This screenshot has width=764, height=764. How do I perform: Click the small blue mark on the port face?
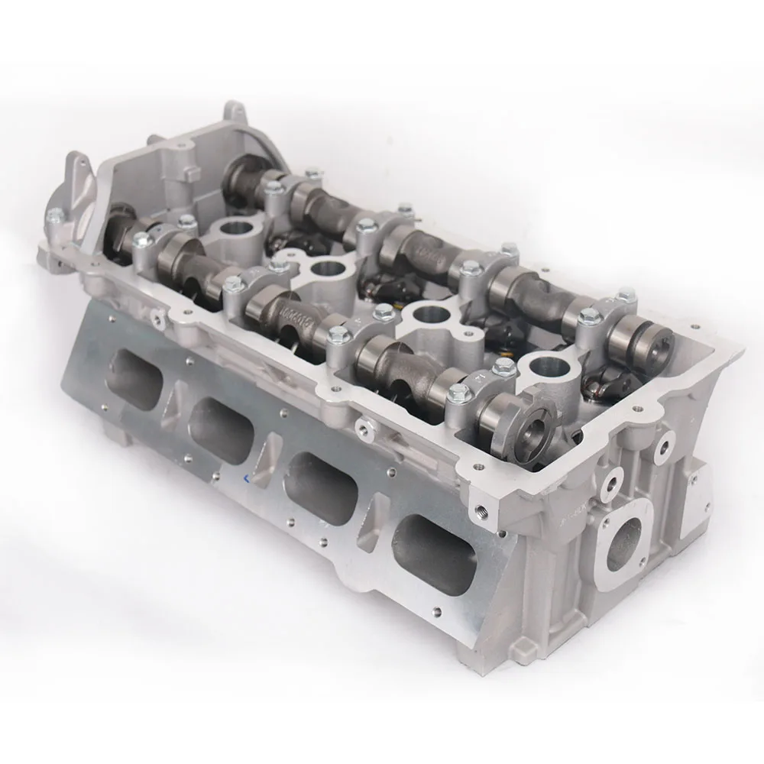[246, 480]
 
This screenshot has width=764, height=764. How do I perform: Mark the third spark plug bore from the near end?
[326, 270]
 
